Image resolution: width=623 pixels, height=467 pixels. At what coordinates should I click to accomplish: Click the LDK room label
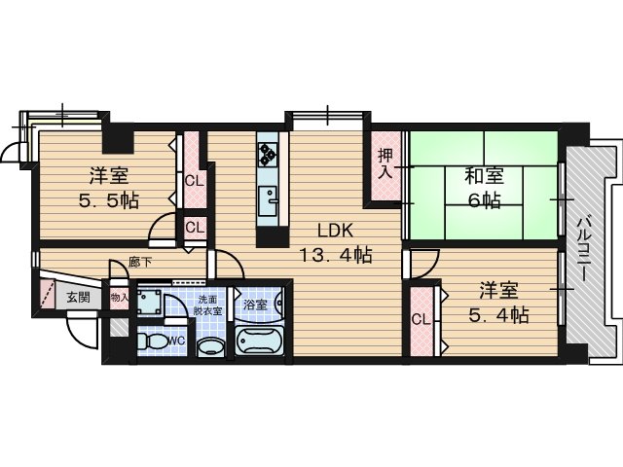335,231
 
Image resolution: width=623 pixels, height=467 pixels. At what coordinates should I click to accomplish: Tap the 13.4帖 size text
335,255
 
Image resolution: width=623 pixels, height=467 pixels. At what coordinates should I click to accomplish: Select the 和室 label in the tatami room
485,176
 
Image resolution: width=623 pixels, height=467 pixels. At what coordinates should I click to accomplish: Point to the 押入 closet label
385,163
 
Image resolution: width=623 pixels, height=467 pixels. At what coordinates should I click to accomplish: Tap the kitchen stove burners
268,154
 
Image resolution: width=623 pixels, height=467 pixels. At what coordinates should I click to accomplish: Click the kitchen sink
268,200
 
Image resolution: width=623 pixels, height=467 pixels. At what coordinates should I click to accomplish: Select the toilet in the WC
152,341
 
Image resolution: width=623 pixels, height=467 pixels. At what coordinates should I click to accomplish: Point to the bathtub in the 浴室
259,340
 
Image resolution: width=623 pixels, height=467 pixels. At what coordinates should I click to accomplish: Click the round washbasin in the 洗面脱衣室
210,346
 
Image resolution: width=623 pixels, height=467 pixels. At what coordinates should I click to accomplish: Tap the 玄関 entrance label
78,297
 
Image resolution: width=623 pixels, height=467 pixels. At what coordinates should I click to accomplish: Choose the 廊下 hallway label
139,262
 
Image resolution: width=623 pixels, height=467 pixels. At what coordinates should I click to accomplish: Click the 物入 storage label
119,297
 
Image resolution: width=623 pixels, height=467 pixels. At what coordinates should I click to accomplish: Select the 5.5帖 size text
108,202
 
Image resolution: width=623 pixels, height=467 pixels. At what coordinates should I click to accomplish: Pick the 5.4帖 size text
498,315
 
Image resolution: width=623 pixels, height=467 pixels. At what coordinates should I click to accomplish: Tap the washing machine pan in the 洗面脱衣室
150,302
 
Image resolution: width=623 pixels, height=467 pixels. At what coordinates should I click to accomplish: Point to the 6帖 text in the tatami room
484,201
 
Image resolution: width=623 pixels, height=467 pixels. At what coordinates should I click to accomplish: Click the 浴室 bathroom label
255,305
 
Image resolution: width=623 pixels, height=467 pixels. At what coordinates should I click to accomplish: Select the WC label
177,341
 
